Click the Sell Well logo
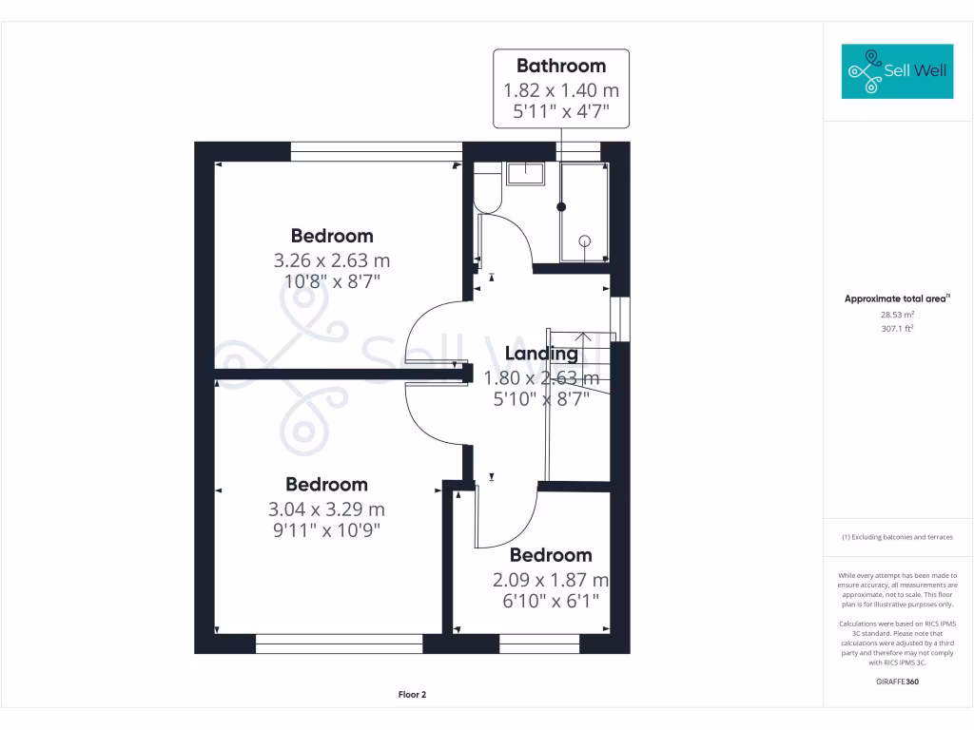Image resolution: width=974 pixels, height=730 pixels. [x=897, y=70]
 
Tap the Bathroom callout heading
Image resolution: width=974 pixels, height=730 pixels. [x=561, y=66]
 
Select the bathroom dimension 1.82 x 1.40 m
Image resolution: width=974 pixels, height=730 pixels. [x=561, y=90]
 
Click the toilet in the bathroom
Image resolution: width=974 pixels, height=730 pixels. [x=487, y=187]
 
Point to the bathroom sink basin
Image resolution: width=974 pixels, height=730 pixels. [x=524, y=173]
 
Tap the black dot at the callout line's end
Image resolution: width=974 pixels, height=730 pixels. [x=561, y=206]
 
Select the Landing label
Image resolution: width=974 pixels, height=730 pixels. [x=541, y=354]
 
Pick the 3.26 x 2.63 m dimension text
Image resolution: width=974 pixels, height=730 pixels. [x=332, y=259]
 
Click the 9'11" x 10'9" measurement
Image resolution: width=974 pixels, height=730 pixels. [x=327, y=529]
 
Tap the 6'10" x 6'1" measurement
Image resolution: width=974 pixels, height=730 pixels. [x=550, y=601]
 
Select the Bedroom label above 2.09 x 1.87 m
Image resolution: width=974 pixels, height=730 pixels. [x=550, y=555]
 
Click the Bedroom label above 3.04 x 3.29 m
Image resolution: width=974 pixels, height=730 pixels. [x=326, y=484]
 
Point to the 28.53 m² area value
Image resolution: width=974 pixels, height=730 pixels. [x=897, y=314]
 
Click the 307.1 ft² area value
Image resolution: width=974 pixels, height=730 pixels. [x=897, y=328]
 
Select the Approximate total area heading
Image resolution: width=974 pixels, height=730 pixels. [x=897, y=298]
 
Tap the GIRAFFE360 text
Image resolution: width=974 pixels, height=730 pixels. [x=897, y=682]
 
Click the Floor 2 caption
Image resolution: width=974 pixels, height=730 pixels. [x=412, y=695]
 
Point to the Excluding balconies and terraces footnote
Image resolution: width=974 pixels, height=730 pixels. [x=897, y=537]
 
